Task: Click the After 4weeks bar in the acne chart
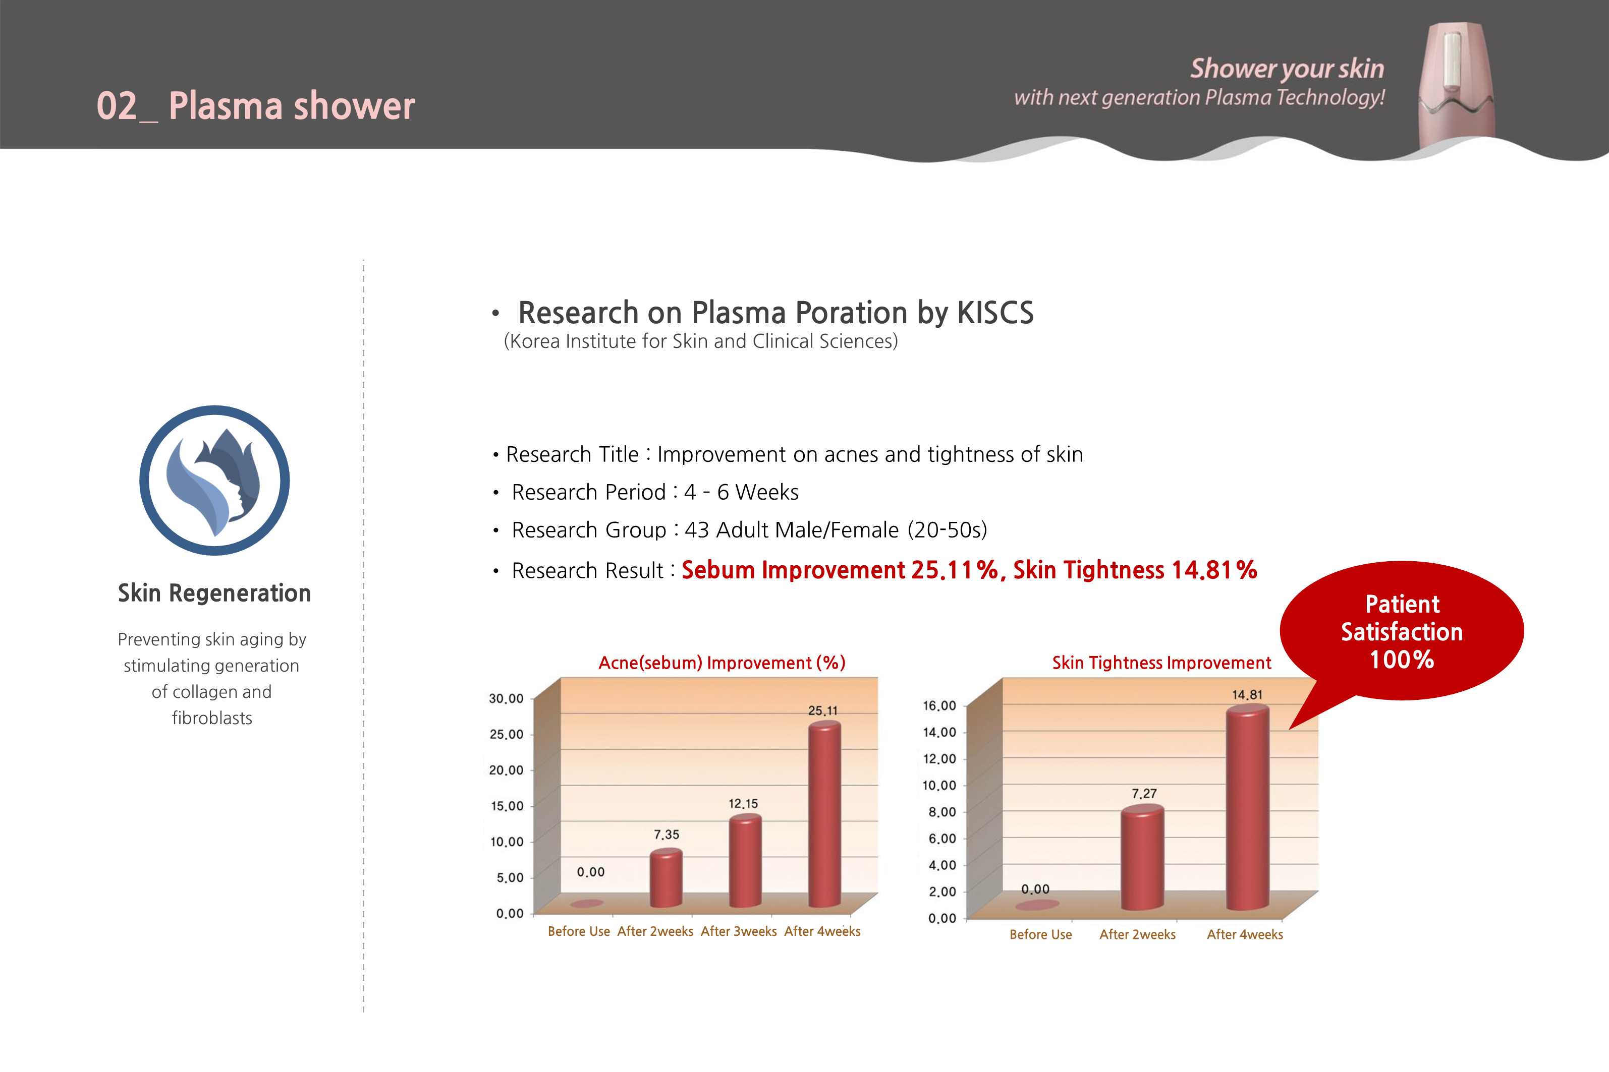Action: (x=824, y=814)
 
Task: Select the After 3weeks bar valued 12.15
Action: (x=745, y=861)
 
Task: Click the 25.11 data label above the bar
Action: (x=822, y=711)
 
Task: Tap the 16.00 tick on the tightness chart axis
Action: (x=939, y=705)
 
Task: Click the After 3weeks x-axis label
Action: (x=739, y=931)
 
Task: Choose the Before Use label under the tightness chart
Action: (x=1040, y=934)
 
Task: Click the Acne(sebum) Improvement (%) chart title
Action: (x=722, y=663)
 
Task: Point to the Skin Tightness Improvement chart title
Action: (x=1161, y=663)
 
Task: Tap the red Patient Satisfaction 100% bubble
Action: (x=1402, y=631)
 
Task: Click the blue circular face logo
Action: (x=215, y=480)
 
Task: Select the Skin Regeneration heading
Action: (x=214, y=593)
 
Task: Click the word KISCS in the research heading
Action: (x=995, y=313)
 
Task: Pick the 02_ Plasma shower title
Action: (x=255, y=106)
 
